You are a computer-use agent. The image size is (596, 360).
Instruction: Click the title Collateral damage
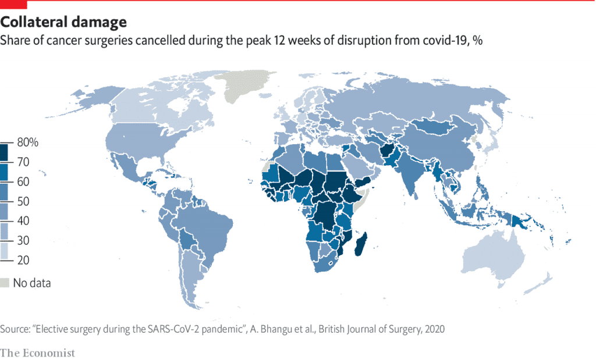pyautogui.click(x=63, y=22)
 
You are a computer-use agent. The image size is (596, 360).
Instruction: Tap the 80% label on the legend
pyautogui.click(x=28, y=142)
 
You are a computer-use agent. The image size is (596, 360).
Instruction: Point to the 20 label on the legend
pyautogui.click(x=23, y=260)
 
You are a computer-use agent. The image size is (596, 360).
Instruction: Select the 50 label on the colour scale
pyautogui.click(x=23, y=201)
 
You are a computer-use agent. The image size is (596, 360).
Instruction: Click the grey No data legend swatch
pyautogui.click(x=5, y=283)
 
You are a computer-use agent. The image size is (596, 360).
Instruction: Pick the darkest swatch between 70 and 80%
pyautogui.click(x=4, y=152)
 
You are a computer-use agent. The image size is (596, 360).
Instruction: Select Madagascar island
pyautogui.click(x=361, y=244)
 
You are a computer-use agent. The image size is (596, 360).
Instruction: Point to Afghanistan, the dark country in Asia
pyautogui.click(x=388, y=151)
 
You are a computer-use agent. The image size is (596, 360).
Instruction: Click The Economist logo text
pyautogui.click(x=38, y=353)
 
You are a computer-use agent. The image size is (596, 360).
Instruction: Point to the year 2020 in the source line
pyautogui.click(x=434, y=329)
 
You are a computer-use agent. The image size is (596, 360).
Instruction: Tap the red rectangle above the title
pyautogui.click(x=14, y=4)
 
